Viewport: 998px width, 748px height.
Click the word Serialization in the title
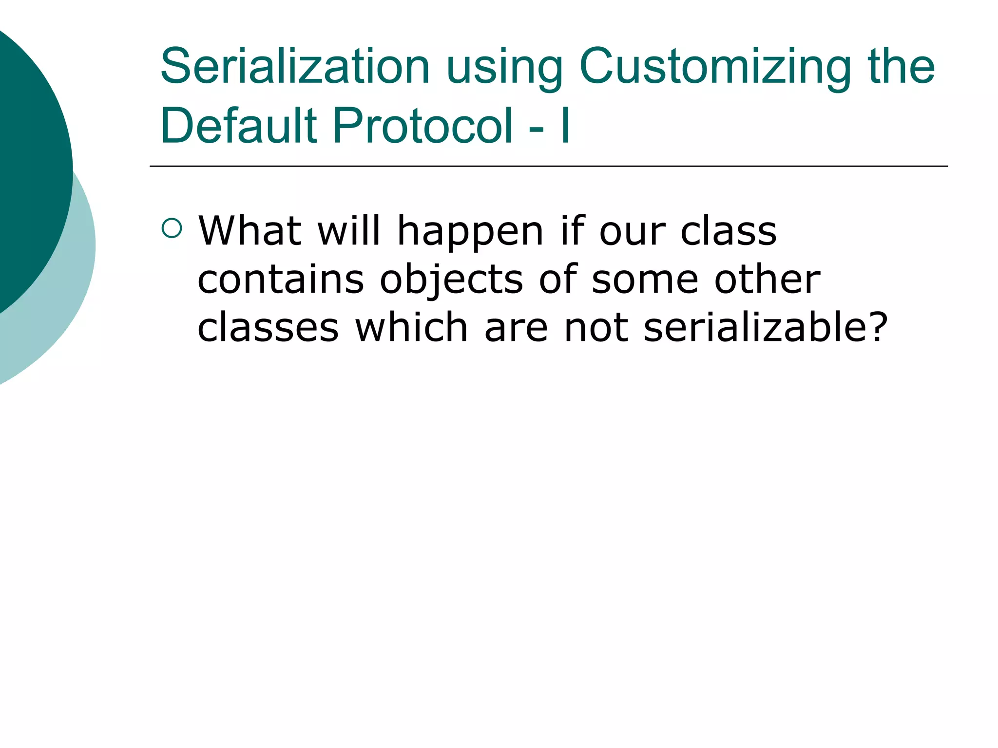tap(294, 66)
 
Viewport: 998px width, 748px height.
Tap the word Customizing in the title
tap(715, 66)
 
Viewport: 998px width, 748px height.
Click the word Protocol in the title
tap(423, 126)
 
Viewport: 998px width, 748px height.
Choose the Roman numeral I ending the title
tap(565, 126)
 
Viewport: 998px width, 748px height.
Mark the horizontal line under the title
tap(548, 167)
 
